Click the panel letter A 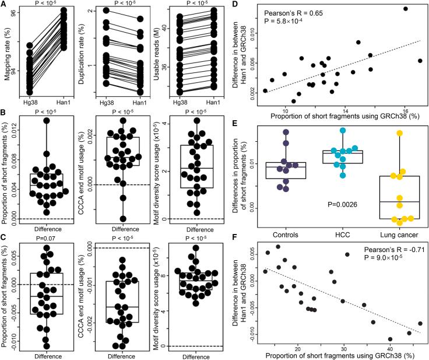5,5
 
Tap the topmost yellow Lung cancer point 400,133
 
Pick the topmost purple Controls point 286,132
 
